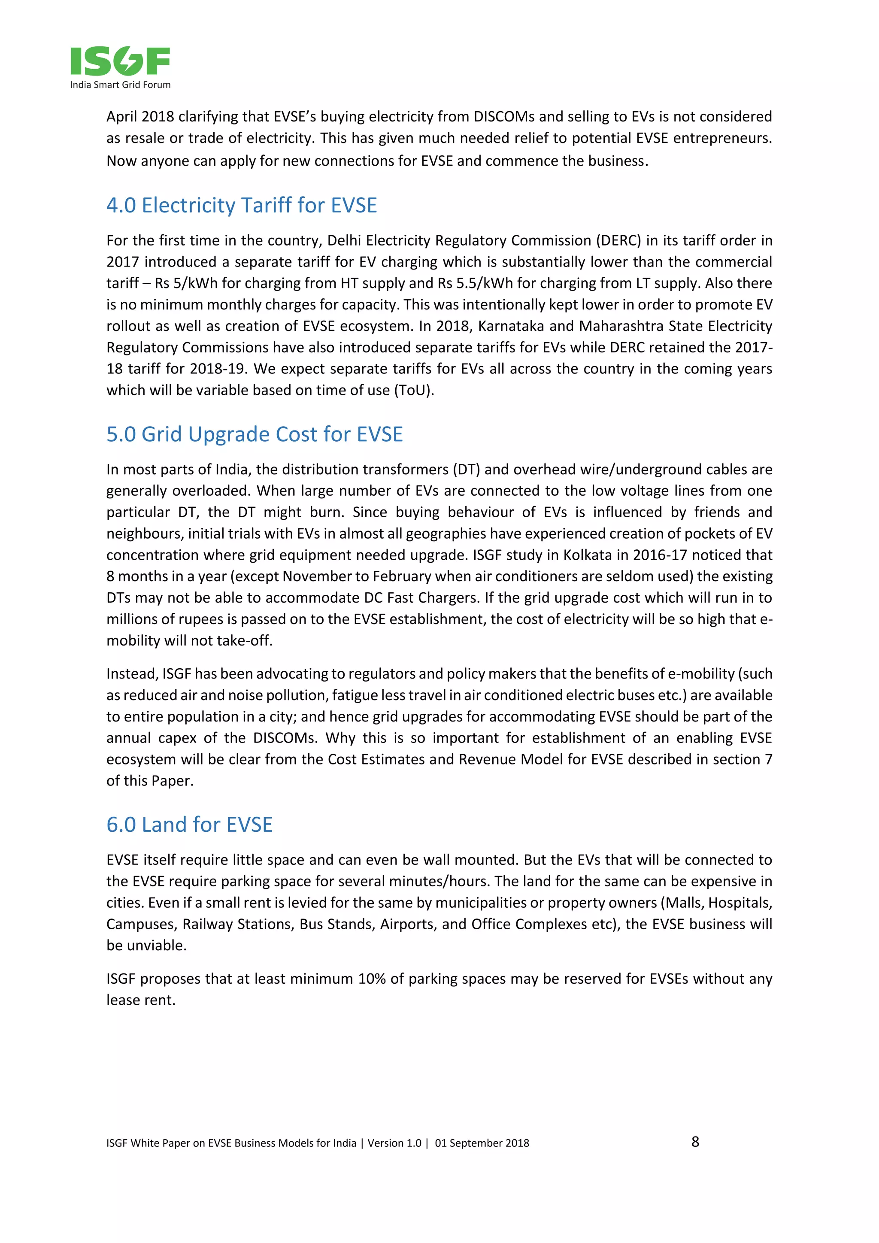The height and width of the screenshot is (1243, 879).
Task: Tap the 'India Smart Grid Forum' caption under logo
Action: [120, 85]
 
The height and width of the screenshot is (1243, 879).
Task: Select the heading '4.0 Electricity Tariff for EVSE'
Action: [241, 206]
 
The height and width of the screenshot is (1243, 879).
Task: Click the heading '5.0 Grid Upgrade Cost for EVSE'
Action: [255, 435]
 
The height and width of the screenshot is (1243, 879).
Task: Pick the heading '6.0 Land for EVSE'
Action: [189, 825]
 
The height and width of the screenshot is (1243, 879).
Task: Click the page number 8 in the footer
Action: [695, 1142]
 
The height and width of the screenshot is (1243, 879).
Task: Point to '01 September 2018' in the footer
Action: [482, 1143]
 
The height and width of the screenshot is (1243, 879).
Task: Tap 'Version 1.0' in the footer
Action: [394, 1143]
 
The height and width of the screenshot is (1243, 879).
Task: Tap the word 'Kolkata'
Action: [587, 555]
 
